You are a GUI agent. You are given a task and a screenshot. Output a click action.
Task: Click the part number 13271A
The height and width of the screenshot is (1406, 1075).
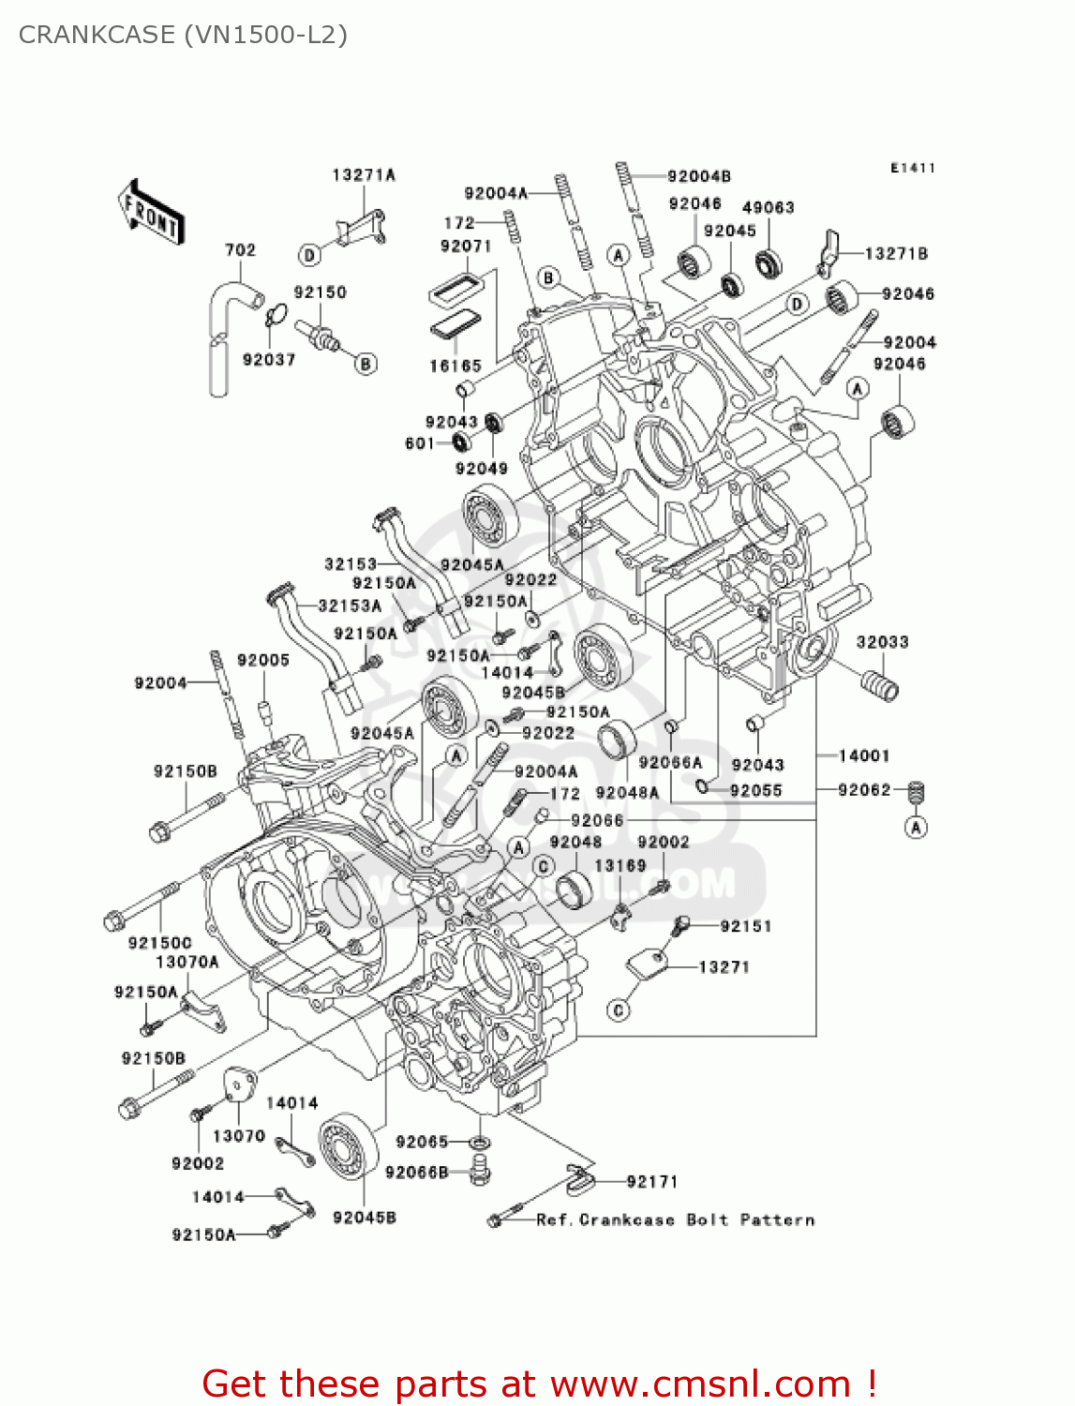(364, 175)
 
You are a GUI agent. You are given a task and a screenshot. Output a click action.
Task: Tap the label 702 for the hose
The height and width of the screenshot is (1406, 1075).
(240, 250)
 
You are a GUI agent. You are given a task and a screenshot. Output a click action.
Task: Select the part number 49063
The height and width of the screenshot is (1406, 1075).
(768, 208)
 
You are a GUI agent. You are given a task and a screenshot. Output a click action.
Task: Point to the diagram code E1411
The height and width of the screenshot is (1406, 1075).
(912, 168)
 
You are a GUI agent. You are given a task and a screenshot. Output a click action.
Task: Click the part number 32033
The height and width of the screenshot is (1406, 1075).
(882, 642)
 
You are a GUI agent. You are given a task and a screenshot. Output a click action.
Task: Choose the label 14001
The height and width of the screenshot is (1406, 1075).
(863, 755)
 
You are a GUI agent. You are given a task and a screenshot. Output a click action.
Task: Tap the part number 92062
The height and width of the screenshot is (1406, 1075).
(863, 790)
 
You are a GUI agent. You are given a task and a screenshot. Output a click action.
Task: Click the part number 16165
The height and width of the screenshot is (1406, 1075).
(455, 366)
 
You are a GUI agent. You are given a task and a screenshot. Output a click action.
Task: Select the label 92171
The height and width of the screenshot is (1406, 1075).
(651, 1182)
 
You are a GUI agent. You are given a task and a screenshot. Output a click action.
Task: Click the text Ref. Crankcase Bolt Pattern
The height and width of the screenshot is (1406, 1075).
(675, 1220)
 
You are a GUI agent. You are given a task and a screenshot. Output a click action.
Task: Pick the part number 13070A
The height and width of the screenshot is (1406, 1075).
(187, 962)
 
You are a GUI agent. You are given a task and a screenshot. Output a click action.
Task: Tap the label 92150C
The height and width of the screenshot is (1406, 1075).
(159, 942)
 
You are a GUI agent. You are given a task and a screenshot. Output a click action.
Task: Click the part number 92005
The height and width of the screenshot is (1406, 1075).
(263, 661)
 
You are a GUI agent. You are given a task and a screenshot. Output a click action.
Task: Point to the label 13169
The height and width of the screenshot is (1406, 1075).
(620, 866)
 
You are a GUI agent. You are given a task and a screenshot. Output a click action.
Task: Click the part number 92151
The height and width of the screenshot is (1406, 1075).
(745, 926)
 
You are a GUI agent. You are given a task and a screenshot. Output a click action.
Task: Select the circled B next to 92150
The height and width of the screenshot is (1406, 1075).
(366, 364)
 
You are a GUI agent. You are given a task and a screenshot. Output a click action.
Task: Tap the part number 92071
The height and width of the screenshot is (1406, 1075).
(466, 247)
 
